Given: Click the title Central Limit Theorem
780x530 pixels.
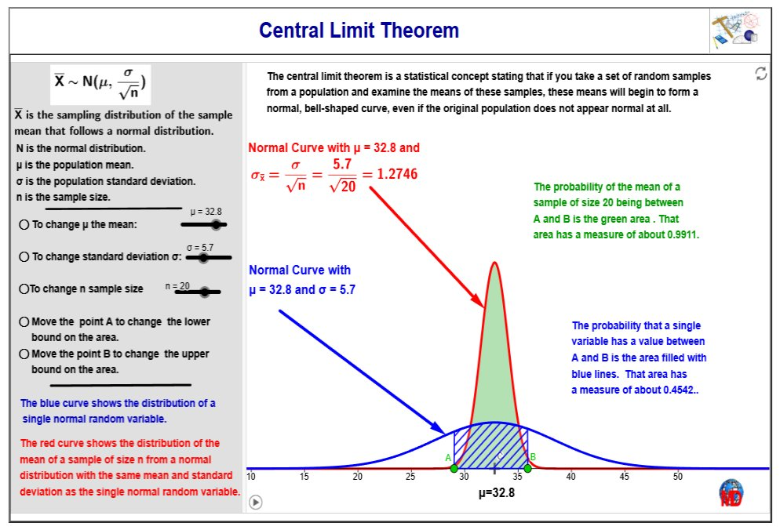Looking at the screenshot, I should point(359,31).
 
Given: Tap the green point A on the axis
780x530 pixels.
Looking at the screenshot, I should point(454,468).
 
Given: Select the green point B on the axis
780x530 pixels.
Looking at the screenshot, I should point(527,468).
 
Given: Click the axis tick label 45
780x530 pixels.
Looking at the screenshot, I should point(625,477).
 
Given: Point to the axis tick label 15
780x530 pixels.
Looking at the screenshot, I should point(304,477).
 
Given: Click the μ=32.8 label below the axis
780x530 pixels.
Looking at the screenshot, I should point(496,493).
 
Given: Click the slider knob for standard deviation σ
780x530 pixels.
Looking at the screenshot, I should point(202,257).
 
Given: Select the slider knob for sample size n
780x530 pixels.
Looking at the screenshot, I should point(206,292).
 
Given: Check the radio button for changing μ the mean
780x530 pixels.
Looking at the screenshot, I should point(24,225).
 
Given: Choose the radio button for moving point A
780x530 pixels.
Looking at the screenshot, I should point(24,321).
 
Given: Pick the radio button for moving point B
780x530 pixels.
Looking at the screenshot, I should point(24,354).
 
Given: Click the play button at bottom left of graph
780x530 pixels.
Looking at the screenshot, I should point(255,502).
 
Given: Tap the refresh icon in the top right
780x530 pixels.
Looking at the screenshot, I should point(760,74).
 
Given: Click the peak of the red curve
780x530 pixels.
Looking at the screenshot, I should point(494,263).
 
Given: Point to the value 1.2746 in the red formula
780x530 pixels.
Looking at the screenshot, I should point(398,173).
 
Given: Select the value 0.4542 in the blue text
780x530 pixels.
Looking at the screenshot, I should point(676,390).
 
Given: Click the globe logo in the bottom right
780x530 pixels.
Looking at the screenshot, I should point(731,492).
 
